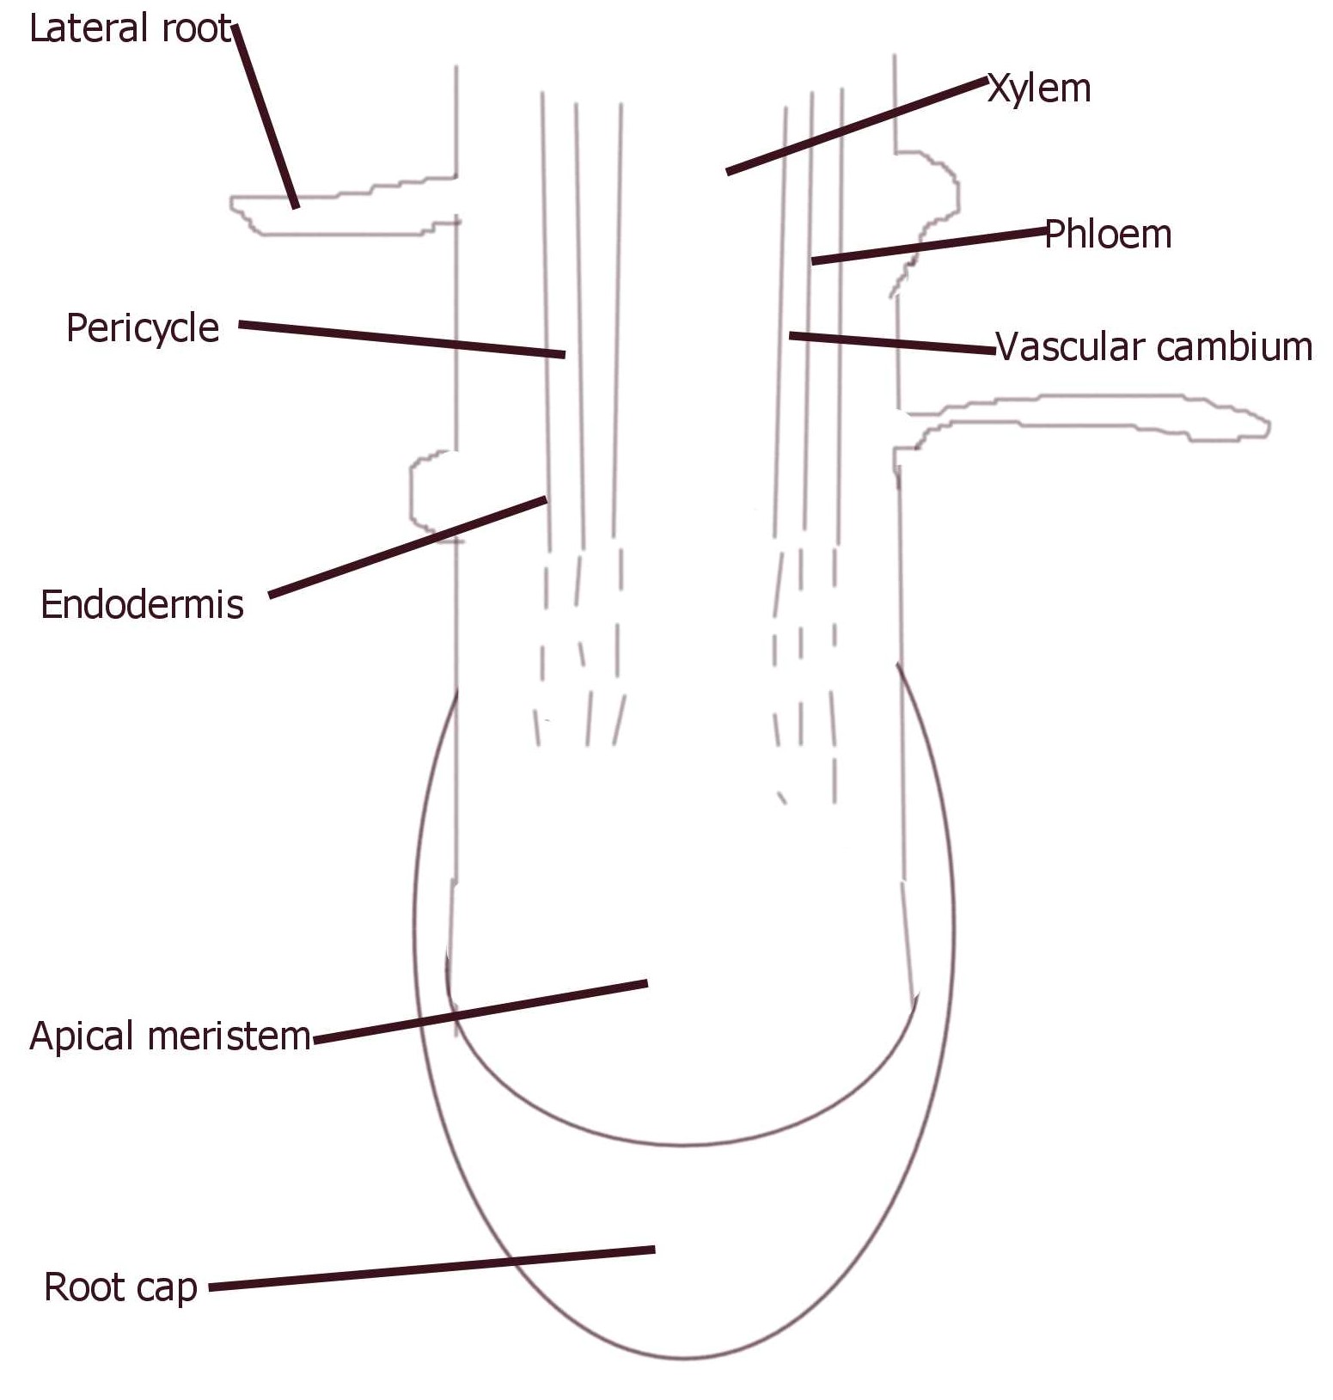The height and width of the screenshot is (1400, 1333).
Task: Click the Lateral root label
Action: click(131, 29)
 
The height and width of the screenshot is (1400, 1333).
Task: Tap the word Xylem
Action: click(1039, 89)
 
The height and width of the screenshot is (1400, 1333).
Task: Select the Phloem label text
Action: click(1108, 235)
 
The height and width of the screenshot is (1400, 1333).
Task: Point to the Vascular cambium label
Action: click(1154, 347)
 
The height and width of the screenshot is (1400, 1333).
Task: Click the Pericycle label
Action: click(143, 328)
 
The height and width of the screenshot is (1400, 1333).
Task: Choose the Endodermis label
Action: click(142, 605)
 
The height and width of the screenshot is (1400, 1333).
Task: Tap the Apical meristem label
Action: click(169, 1036)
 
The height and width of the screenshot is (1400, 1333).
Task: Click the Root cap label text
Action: click(120, 1287)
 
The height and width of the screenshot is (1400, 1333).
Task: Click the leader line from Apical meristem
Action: click(481, 1012)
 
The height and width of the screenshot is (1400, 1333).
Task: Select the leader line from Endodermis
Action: click(408, 547)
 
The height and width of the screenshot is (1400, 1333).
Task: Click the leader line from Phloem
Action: click(928, 246)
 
